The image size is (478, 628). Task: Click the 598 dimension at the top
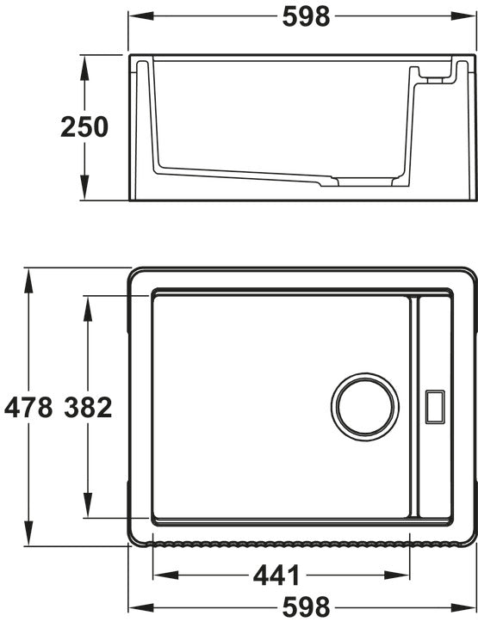306,17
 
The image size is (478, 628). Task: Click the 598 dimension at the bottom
306,607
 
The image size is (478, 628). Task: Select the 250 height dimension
84,127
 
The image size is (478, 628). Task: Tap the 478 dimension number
28,407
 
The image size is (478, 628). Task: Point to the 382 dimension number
88,407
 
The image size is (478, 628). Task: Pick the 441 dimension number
276,576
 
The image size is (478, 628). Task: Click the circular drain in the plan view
365,407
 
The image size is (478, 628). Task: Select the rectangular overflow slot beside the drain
435,407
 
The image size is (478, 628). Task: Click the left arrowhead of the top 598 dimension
141,16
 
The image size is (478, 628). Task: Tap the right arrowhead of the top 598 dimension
463,16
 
